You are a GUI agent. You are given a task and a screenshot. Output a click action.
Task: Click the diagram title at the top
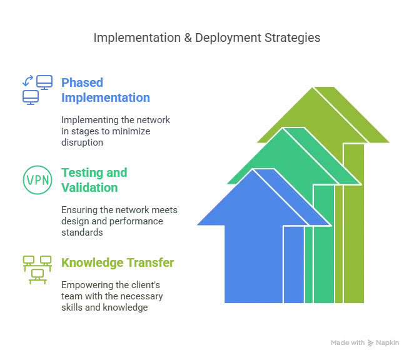[x=207, y=39]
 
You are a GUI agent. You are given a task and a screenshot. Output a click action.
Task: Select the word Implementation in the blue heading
[x=106, y=98]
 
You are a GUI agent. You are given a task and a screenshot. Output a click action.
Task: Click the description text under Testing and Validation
[x=119, y=222]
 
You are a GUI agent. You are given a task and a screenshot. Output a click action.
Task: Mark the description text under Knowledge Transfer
[x=114, y=297]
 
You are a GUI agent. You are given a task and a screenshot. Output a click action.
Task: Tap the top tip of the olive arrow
[x=312, y=87]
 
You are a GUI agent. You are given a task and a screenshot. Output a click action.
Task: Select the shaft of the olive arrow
[x=353, y=237]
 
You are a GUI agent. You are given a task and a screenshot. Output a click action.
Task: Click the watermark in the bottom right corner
[x=364, y=343]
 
